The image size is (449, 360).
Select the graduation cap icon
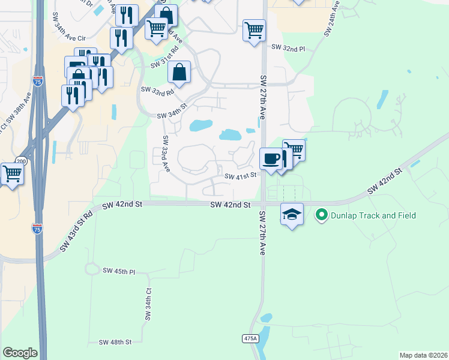point(291,214)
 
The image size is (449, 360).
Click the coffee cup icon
point(270,159)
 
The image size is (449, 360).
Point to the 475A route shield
point(250,339)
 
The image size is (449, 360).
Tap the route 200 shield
point(22,161)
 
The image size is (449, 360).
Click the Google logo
point(20,353)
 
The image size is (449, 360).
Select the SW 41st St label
point(241,176)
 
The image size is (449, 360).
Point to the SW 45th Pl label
point(119,272)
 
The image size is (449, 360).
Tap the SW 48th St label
point(115,342)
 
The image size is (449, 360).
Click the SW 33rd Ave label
point(166,154)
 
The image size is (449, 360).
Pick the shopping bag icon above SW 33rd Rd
point(179,73)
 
